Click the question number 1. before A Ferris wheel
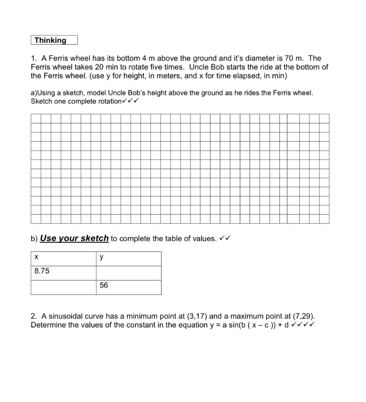point(34,58)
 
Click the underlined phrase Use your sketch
point(75,238)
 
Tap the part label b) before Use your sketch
point(34,239)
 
